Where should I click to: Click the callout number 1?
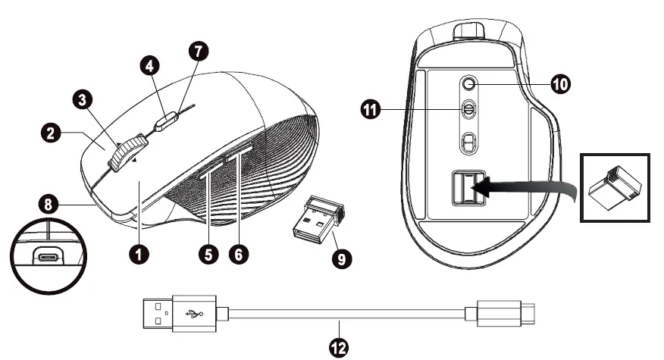click(x=137, y=255)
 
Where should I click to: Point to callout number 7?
click(x=199, y=52)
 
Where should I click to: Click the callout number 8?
click(x=49, y=203)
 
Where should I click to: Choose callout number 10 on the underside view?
click(x=559, y=83)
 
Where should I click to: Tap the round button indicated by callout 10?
click(x=470, y=83)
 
